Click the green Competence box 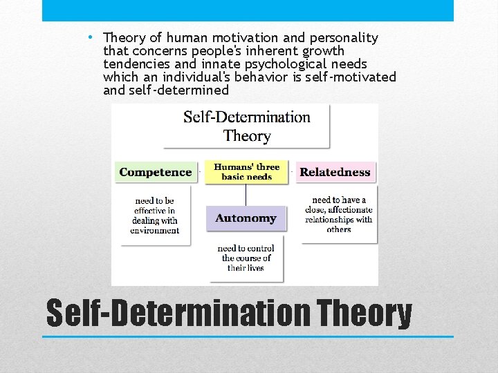pos(156,172)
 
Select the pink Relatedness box pos(335,172)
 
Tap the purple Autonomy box pos(246,218)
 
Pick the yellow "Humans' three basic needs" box pos(246,172)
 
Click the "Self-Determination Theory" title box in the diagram pos(246,126)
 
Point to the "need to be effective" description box pos(155,215)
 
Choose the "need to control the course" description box pos(246,258)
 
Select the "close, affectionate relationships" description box pos(338,214)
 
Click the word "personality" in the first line pos(344,38)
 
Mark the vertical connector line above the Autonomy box pos(246,195)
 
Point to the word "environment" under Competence pos(155,231)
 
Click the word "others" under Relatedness pos(339,229)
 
